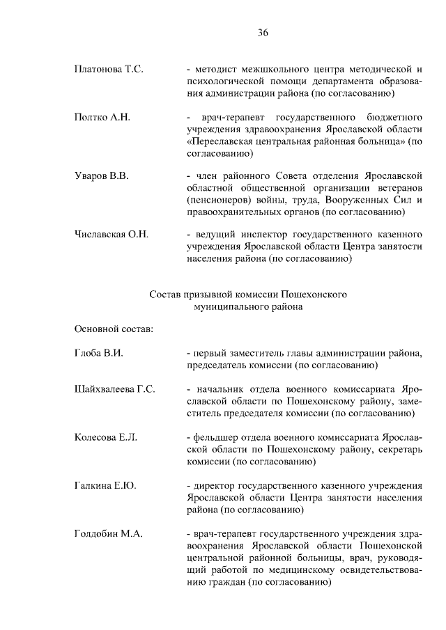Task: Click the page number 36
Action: coord(263,33)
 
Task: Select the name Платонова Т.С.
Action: coord(108,70)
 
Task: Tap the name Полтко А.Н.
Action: coord(102,117)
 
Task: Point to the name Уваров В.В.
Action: coord(102,176)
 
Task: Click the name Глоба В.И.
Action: coord(98,354)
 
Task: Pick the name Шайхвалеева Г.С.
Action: coord(114,389)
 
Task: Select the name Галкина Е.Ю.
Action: coord(105,485)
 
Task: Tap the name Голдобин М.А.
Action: coord(108,533)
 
